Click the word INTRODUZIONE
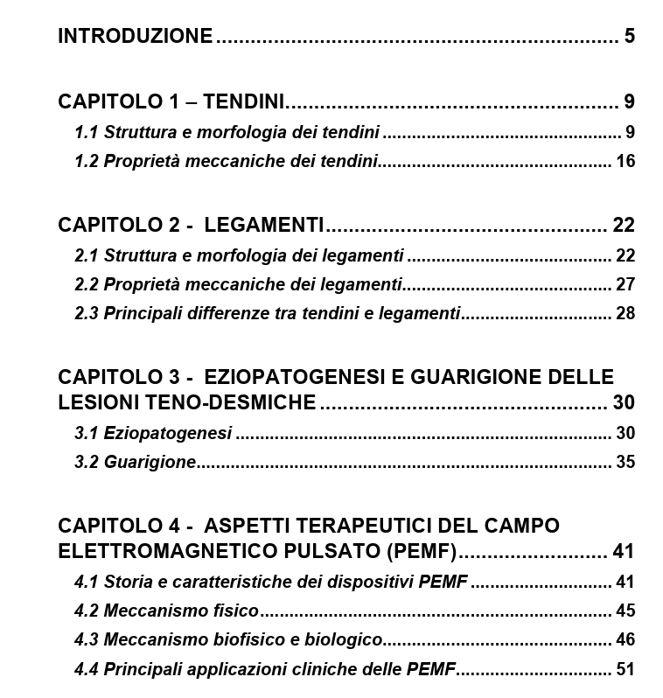click(135, 36)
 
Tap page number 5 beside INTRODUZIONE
click(630, 36)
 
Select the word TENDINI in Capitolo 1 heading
click(244, 101)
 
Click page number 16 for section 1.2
click(625, 161)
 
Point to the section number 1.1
click(87, 133)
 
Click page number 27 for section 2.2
click(625, 284)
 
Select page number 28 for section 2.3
click(625, 313)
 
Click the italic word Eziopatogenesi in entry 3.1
click(168, 433)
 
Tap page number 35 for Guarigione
click(625, 462)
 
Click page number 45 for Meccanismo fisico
click(625, 611)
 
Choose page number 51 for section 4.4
click(625, 669)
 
